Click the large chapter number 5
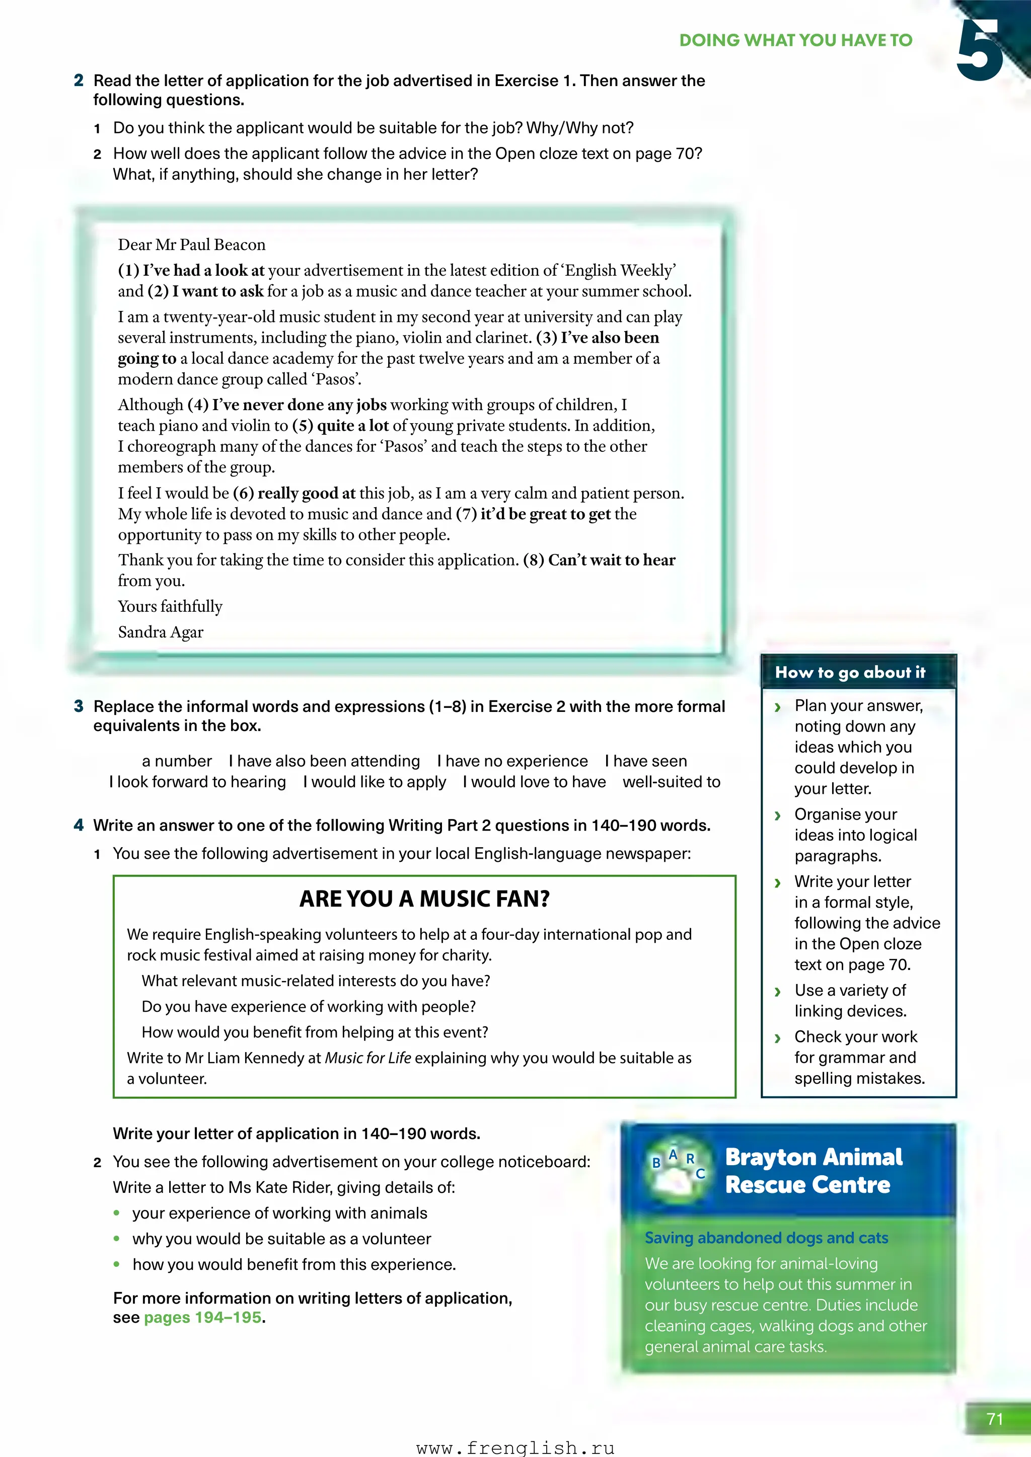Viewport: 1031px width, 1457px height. pos(979,51)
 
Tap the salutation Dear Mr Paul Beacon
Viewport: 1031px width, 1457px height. pos(192,245)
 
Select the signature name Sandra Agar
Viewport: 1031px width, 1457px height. pos(161,632)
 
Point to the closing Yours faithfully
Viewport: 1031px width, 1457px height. pos(170,607)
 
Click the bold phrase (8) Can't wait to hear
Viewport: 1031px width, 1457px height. pos(599,560)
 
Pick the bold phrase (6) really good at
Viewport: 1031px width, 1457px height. pos(294,494)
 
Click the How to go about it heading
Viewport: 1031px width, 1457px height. pos(850,673)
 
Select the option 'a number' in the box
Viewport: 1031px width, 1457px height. pos(177,762)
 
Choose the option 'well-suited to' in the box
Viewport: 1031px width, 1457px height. pos(671,782)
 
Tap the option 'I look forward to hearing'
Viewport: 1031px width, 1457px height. pos(197,782)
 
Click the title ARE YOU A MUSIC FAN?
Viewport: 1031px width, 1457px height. pos(424,899)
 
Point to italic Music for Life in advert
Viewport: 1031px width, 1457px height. pos(367,1059)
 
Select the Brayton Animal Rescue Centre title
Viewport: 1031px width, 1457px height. pos(813,1171)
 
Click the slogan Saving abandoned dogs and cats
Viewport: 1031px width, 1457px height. pos(766,1238)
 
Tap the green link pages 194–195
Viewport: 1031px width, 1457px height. pos(202,1318)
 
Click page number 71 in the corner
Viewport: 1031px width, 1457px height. pos(995,1420)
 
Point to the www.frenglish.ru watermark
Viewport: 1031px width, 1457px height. pos(515,1447)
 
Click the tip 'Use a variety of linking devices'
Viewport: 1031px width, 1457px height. pos(850,1001)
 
